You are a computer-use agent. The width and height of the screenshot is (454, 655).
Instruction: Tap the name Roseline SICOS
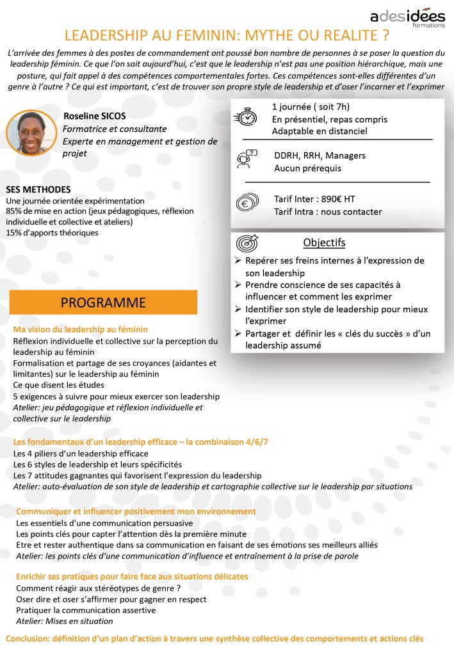point(95,116)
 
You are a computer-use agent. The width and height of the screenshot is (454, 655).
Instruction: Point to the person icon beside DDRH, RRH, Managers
point(247,159)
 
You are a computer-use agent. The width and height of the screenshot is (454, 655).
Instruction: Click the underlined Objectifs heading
point(324,243)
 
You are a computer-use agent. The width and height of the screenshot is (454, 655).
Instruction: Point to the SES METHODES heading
point(38,190)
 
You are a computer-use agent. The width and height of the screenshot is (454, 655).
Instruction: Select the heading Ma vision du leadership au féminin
point(81,329)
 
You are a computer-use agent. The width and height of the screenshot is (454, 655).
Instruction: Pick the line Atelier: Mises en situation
point(64,620)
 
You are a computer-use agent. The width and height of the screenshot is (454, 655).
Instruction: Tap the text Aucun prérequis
point(307,169)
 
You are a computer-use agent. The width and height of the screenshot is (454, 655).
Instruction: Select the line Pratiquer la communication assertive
point(86,610)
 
